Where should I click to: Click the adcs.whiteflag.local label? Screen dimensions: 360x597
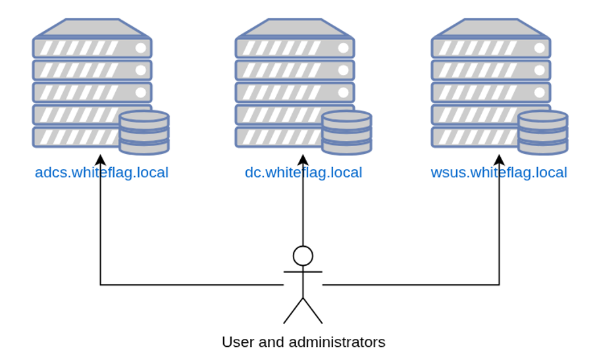(x=101, y=172)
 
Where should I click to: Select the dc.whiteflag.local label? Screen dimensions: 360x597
(x=303, y=172)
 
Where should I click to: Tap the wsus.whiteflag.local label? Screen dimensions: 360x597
(x=499, y=172)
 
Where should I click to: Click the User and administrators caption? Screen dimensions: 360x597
(x=303, y=342)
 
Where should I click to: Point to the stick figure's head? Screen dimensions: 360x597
(x=303, y=256)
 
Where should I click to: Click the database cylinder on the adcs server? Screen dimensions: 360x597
(x=144, y=132)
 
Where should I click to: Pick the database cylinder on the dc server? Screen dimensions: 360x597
(x=347, y=132)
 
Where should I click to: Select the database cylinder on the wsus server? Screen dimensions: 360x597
(x=543, y=132)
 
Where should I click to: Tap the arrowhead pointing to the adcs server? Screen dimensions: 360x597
(x=101, y=160)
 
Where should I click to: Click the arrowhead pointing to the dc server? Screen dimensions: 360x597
(x=303, y=160)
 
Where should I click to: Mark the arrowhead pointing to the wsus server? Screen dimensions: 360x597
(x=499, y=160)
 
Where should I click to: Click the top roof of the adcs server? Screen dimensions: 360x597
(x=92, y=28)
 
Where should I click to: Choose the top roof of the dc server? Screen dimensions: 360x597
(x=295, y=28)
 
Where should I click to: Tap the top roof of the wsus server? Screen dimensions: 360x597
(x=491, y=28)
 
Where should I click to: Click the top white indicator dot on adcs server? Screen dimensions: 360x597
(x=141, y=48)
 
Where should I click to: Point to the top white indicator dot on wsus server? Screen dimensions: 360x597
(x=540, y=48)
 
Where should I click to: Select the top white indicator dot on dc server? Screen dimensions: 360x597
(x=344, y=48)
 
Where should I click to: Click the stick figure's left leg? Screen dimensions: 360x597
(x=293, y=311)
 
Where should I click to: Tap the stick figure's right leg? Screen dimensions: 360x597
(x=313, y=311)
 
